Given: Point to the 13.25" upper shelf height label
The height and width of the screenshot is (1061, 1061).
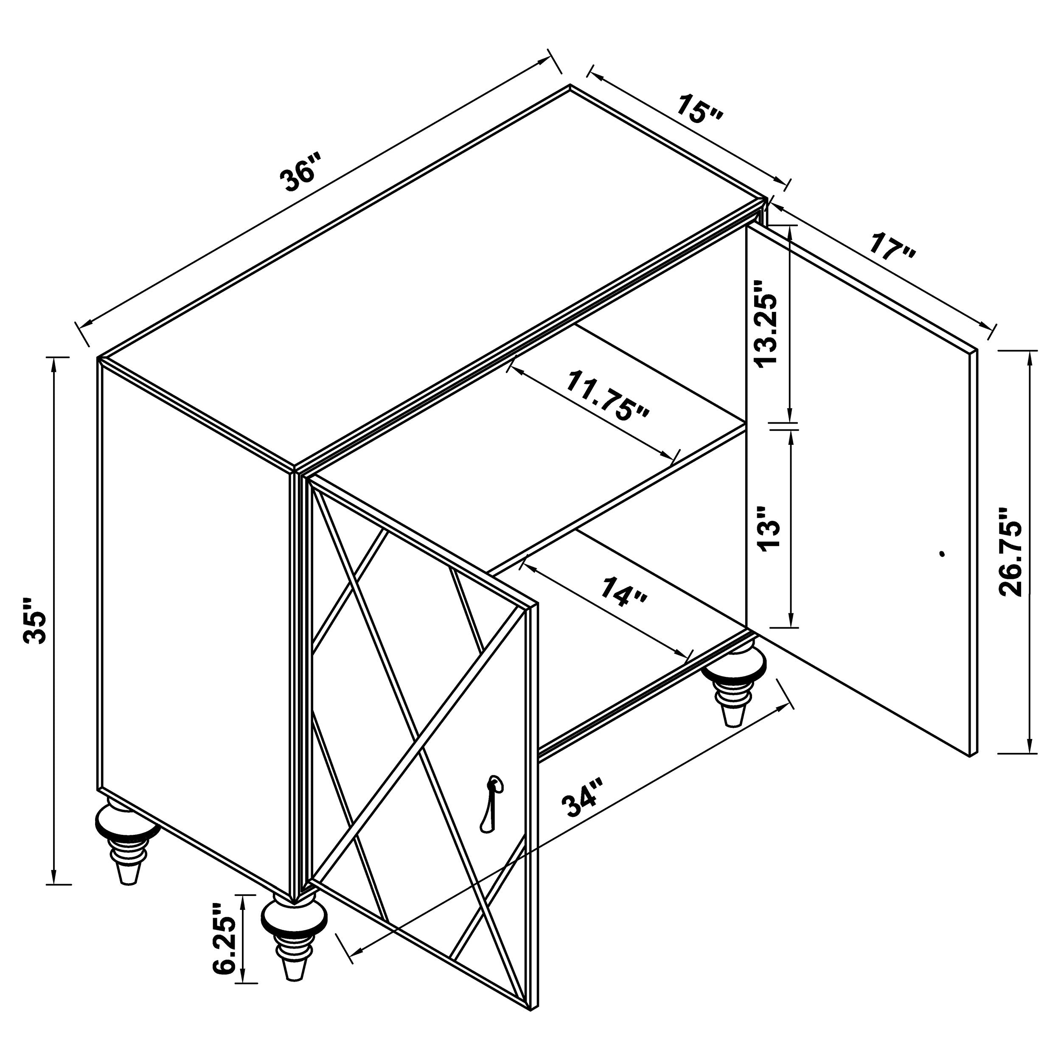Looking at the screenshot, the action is (766, 324).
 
